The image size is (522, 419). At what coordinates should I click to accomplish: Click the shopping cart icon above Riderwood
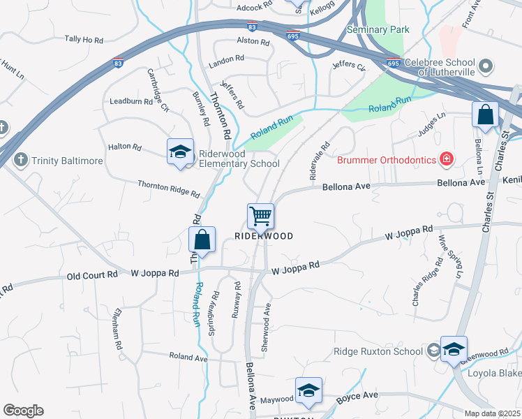point(260,216)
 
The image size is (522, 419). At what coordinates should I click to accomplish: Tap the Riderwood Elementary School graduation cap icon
point(179,152)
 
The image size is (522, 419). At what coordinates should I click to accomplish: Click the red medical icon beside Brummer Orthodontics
point(445,160)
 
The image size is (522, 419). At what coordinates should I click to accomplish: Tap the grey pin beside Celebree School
point(487,67)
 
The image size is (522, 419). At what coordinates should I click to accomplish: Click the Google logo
point(23,411)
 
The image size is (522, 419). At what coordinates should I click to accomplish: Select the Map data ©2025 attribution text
point(493,413)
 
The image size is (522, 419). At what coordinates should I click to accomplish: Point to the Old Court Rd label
point(92,275)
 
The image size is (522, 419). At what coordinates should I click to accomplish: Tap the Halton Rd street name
point(125,147)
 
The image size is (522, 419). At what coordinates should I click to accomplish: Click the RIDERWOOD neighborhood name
point(263,236)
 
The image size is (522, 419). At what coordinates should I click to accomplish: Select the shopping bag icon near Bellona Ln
point(484,115)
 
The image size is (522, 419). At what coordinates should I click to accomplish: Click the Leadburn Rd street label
point(131,101)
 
